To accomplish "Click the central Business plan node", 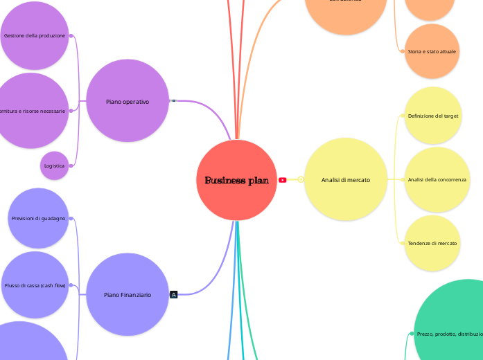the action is pos(236,180).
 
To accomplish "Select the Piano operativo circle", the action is pos(128,101).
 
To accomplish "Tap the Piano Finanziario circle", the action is pos(128,294).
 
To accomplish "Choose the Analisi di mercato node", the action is pos(345,180).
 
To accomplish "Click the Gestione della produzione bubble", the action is pos(35,35).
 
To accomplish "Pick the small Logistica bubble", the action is pos(54,165).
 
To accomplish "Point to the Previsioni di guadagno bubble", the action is pos(39,218).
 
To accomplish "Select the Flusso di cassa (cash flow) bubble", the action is pos(35,285).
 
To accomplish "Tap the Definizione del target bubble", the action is pos(433,116).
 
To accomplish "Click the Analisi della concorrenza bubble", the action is pos(437,179).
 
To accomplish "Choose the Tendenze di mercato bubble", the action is pos(432,243).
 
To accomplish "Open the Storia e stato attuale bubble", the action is pos(432,51).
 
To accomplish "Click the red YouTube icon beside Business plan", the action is pos(283,180).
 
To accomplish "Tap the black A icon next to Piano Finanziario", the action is pos(174,294).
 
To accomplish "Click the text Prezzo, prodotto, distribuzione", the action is pos(450,334).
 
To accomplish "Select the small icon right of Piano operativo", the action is pos(173,101).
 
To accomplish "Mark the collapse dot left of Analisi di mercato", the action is pos(301,180).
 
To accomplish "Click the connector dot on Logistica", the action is pos(71,165).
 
